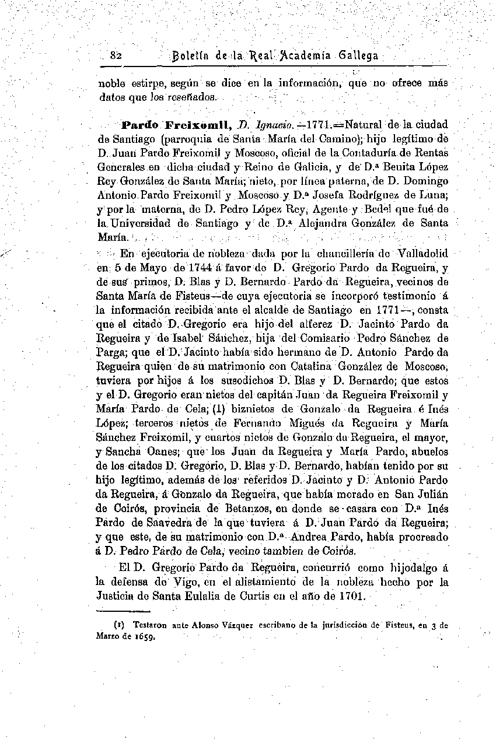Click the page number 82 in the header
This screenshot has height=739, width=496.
115,56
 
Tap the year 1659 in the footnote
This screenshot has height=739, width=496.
145,637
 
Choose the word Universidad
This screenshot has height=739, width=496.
142,223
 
